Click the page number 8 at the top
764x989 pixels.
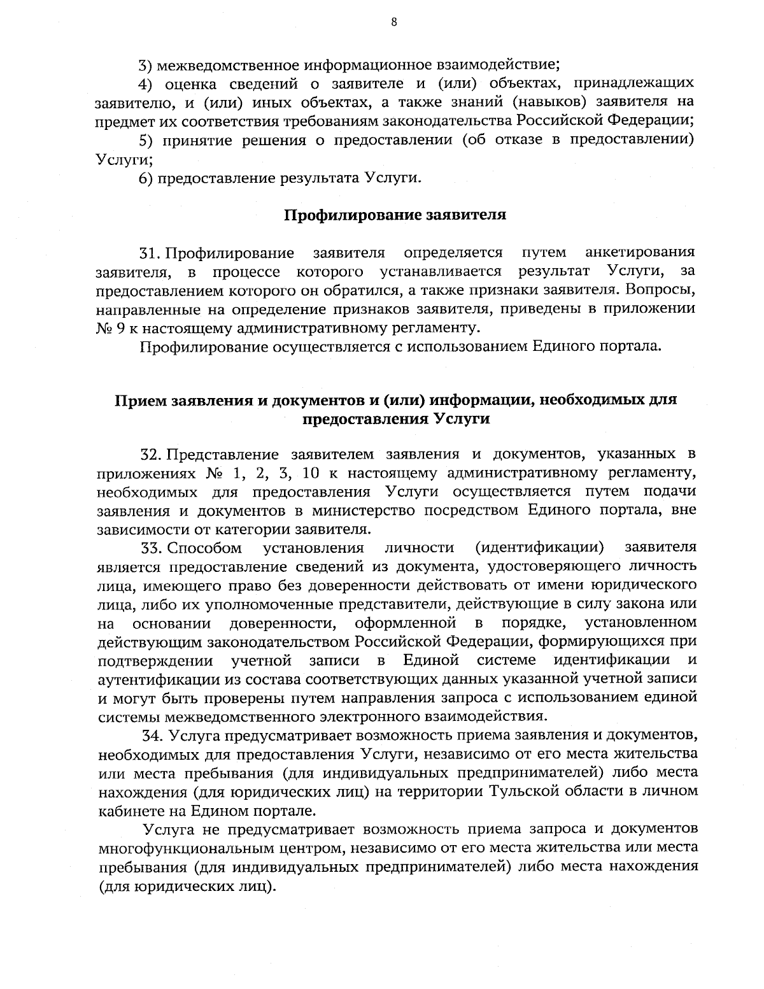394,22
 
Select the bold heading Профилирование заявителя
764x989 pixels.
395,215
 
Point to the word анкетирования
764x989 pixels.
640,253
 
